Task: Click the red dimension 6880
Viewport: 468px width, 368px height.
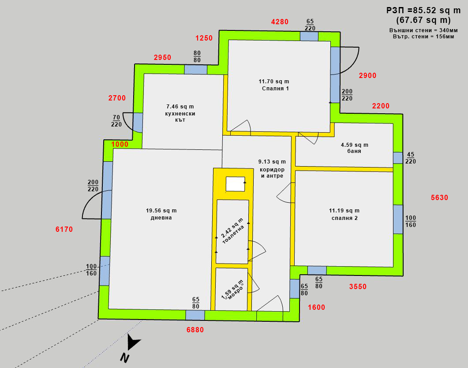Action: (x=195, y=330)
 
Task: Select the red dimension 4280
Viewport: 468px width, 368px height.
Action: (x=280, y=22)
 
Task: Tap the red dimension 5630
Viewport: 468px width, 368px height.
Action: (x=440, y=197)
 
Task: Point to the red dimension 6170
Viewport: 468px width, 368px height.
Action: (x=64, y=229)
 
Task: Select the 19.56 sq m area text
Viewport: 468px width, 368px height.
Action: (x=161, y=211)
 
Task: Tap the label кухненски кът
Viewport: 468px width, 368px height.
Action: (x=180, y=117)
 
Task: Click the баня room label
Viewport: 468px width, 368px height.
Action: (x=354, y=151)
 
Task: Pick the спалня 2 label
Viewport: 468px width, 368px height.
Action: (x=344, y=218)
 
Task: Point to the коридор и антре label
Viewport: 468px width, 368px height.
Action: (x=272, y=173)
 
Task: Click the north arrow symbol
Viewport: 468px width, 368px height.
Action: (x=133, y=342)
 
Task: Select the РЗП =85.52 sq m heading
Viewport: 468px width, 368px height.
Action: (x=423, y=11)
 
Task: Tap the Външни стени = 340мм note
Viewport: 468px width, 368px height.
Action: (x=423, y=30)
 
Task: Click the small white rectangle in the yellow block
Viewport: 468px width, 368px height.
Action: (x=235, y=184)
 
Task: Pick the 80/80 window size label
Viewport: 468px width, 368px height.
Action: (x=197, y=57)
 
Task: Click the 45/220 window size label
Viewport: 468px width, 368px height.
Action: (x=411, y=158)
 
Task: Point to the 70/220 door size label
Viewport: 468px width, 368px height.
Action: (x=116, y=121)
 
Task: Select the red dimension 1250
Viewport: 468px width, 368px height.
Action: (x=204, y=38)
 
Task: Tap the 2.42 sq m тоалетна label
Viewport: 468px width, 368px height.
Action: (x=233, y=231)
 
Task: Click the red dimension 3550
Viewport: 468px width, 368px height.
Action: (x=358, y=286)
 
